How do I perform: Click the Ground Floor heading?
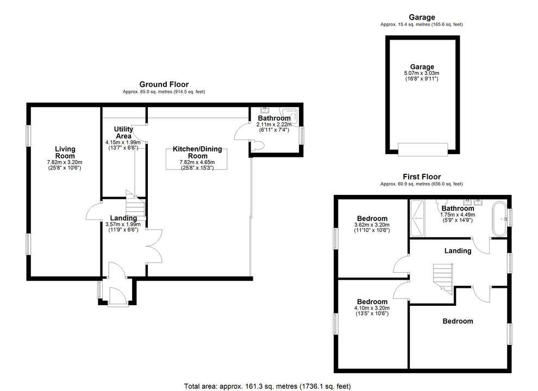pos(164,84)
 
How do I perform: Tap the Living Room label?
pos(65,152)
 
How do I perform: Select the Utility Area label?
pos(123,132)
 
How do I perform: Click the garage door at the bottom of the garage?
pos(423,148)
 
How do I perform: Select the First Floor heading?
pos(421,176)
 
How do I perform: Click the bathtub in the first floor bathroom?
pos(498,219)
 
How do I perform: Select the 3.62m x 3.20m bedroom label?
pos(372,224)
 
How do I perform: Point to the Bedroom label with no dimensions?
pos(458,321)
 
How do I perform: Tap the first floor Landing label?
pos(458,250)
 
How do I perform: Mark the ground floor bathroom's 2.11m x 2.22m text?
pos(274,124)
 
